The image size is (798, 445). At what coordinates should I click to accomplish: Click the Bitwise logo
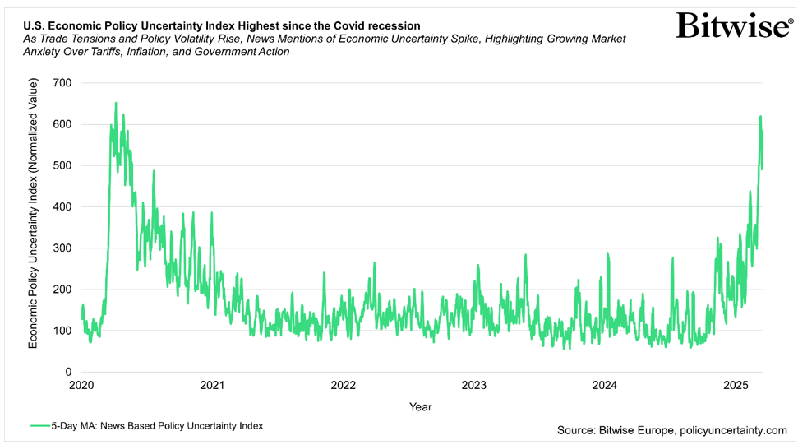(x=734, y=25)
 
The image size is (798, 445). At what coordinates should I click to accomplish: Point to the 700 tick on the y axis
(x=62, y=83)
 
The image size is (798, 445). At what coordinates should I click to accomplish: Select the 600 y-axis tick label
(x=62, y=124)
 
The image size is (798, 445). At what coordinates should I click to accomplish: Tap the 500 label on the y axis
(x=62, y=165)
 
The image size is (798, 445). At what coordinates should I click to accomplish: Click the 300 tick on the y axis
(x=62, y=248)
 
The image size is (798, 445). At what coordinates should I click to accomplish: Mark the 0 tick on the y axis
(x=69, y=372)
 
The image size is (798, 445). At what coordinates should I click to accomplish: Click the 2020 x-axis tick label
(x=81, y=385)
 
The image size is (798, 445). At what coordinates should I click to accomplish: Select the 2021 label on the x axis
(x=212, y=385)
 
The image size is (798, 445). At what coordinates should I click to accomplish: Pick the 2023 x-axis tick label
(x=474, y=385)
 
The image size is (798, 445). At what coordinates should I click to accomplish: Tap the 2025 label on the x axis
(x=736, y=385)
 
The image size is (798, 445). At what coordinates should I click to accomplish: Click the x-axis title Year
(x=420, y=406)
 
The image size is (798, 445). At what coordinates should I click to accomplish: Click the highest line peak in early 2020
(x=115, y=104)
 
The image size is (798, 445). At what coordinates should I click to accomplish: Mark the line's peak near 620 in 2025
(x=760, y=117)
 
